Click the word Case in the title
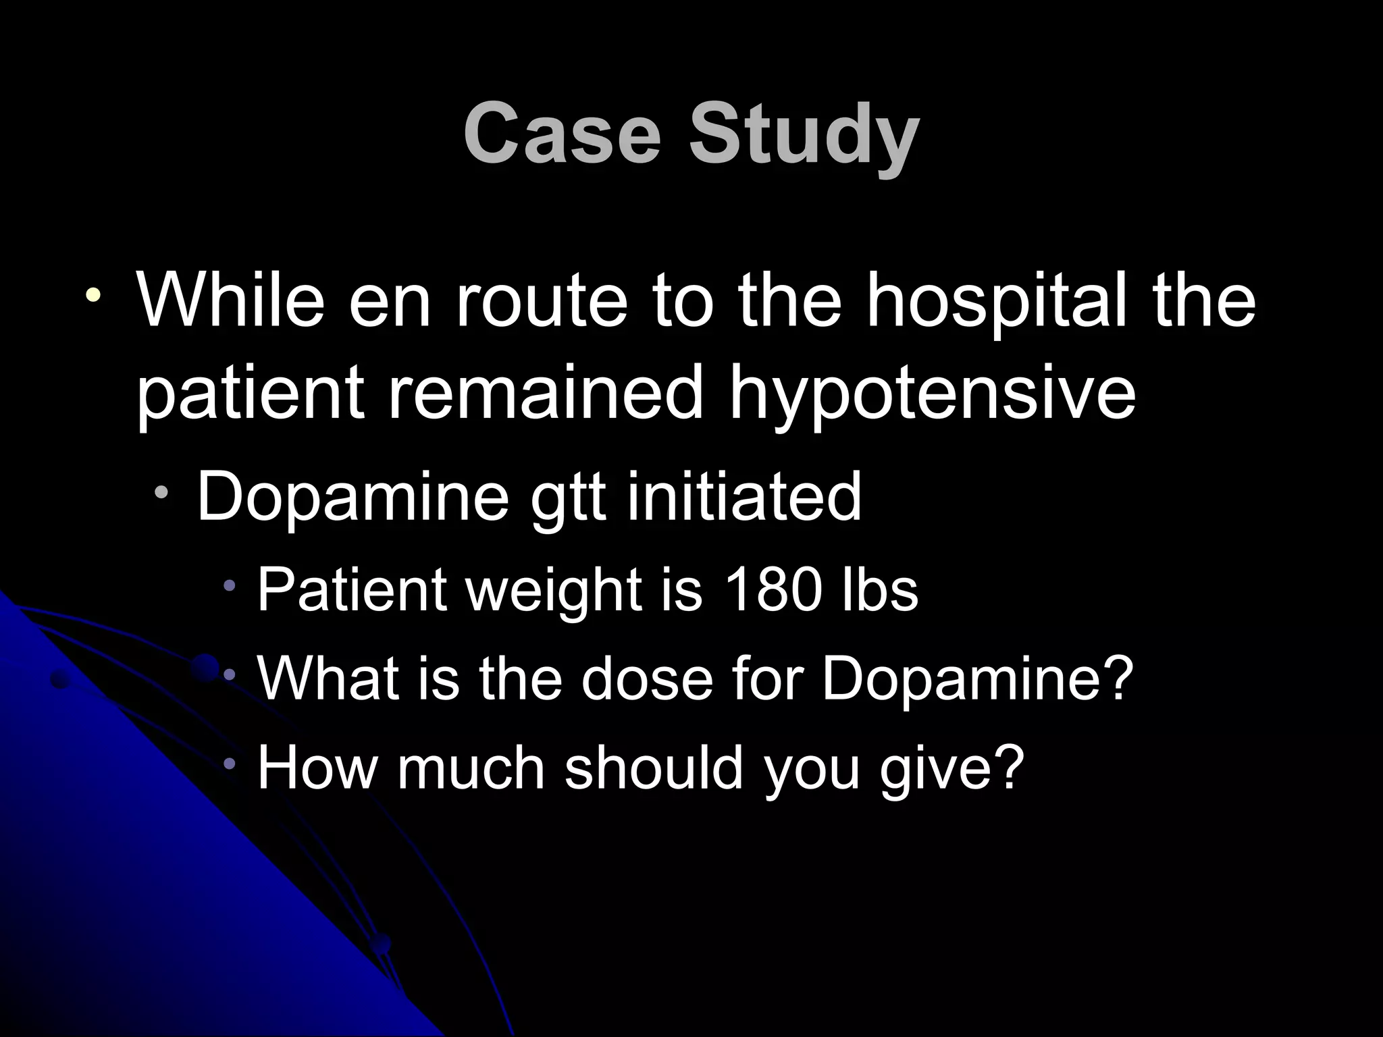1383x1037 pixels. pyautogui.click(x=561, y=132)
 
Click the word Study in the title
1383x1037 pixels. pyautogui.click(x=804, y=135)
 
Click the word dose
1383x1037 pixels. pyautogui.click(x=644, y=678)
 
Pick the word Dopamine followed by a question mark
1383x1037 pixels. pyautogui.click(x=976, y=678)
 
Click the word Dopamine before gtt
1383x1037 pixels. pyautogui.click(x=352, y=498)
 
